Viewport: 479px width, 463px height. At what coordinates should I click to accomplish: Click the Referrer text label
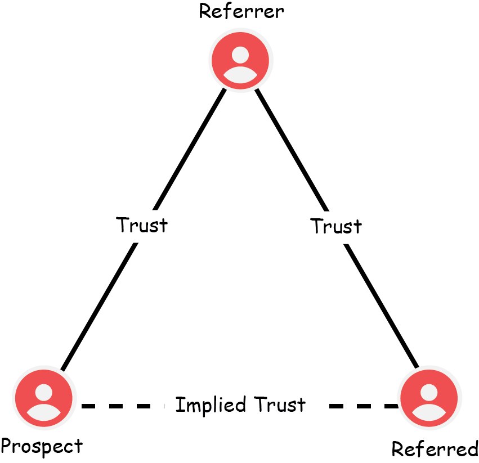pyautogui.click(x=241, y=11)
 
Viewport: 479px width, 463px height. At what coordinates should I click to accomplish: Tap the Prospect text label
pyautogui.click(x=42, y=446)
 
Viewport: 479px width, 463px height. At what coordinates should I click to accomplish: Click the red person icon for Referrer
pyautogui.click(x=240, y=60)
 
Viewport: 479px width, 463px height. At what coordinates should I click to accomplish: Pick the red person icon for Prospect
pyautogui.click(x=44, y=398)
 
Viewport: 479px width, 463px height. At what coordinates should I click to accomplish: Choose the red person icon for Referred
pyautogui.click(x=429, y=398)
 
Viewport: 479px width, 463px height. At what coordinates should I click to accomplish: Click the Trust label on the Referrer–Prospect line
pyautogui.click(x=142, y=225)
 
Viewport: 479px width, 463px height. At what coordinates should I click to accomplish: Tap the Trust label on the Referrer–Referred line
pyautogui.click(x=336, y=226)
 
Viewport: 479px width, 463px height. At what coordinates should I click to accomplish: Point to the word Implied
pyautogui.click(x=211, y=404)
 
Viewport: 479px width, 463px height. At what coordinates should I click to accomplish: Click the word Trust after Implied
pyautogui.click(x=280, y=404)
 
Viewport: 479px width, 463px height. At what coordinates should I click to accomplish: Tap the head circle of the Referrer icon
pyautogui.click(x=240, y=55)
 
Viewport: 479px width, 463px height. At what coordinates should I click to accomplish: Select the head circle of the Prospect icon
pyautogui.click(x=44, y=393)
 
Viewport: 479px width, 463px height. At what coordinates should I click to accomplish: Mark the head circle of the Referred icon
pyautogui.click(x=429, y=393)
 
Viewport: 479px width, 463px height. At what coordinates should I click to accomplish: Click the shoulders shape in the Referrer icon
pyautogui.click(x=240, y=75)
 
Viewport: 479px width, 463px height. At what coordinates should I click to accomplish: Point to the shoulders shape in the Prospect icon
pyautogui.click(x=44, y=412)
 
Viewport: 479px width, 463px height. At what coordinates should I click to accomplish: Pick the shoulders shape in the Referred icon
pyautogui.click(x=429, y=412)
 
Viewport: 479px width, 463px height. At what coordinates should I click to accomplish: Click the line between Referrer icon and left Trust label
pyautogui.click(x=189, y=149)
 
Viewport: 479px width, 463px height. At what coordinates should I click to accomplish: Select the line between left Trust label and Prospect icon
pyautogui.click(x=99, y=307)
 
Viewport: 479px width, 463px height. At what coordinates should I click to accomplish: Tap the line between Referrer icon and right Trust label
pyautogui.click(x=292, y=150)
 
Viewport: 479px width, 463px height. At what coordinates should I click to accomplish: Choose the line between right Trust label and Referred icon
pyautogui.click(x=381, y=306)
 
